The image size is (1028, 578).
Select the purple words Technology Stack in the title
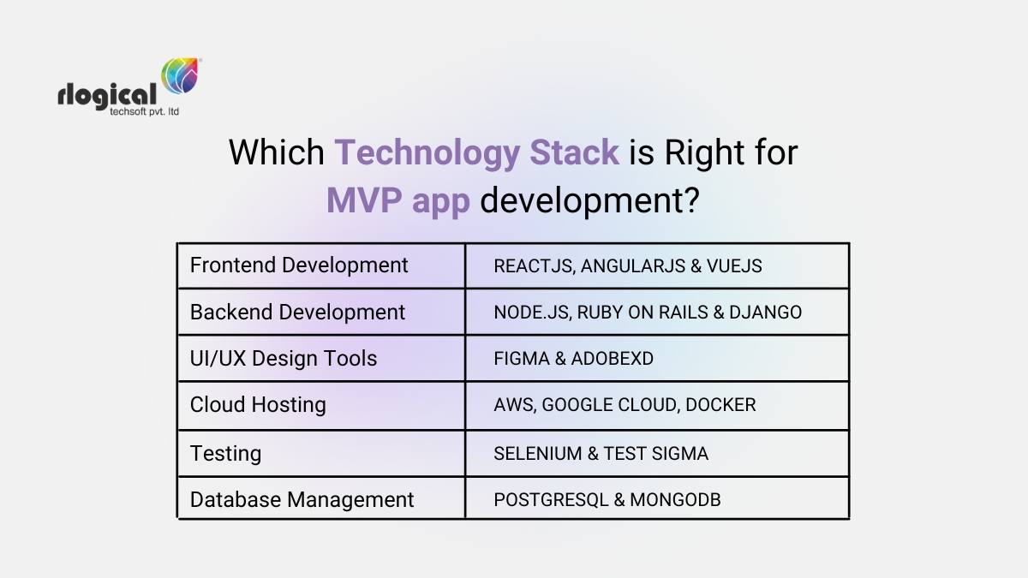[x=476, y=152]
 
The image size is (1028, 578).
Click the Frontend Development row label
[x=299, y=265]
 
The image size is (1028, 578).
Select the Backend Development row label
[x=297, y=313]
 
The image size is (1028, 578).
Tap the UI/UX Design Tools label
[x=284, y=359]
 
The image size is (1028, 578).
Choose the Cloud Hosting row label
[x=258, y=405]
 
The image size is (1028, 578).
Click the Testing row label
[x=225, y=453]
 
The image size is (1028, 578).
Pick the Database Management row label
[x=302, y=500]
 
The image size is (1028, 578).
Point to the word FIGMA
[x=521, y=359]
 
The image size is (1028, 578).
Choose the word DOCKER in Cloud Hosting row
[x=720, y=405]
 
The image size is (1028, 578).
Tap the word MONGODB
[x=675, y=500]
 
